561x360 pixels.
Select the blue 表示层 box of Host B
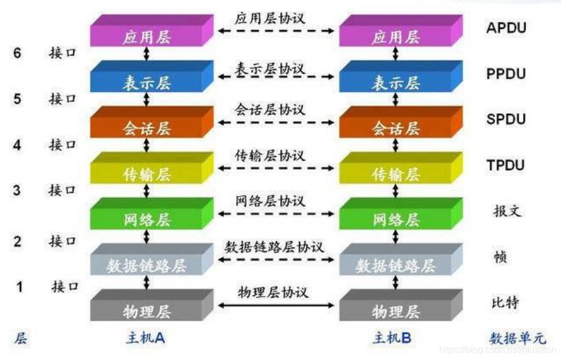tap(396, 83)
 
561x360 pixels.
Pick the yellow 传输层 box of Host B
tap(396, 174)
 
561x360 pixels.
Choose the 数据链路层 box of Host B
tap(396, 265)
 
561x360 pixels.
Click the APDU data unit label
tap(506, 27)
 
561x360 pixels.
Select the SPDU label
tap(506, 119)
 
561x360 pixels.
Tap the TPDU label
tap(506, 166)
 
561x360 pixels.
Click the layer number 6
tap(17, 53)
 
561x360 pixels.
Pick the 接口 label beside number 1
tap(65, 286)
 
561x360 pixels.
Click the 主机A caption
tap(145, 338)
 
